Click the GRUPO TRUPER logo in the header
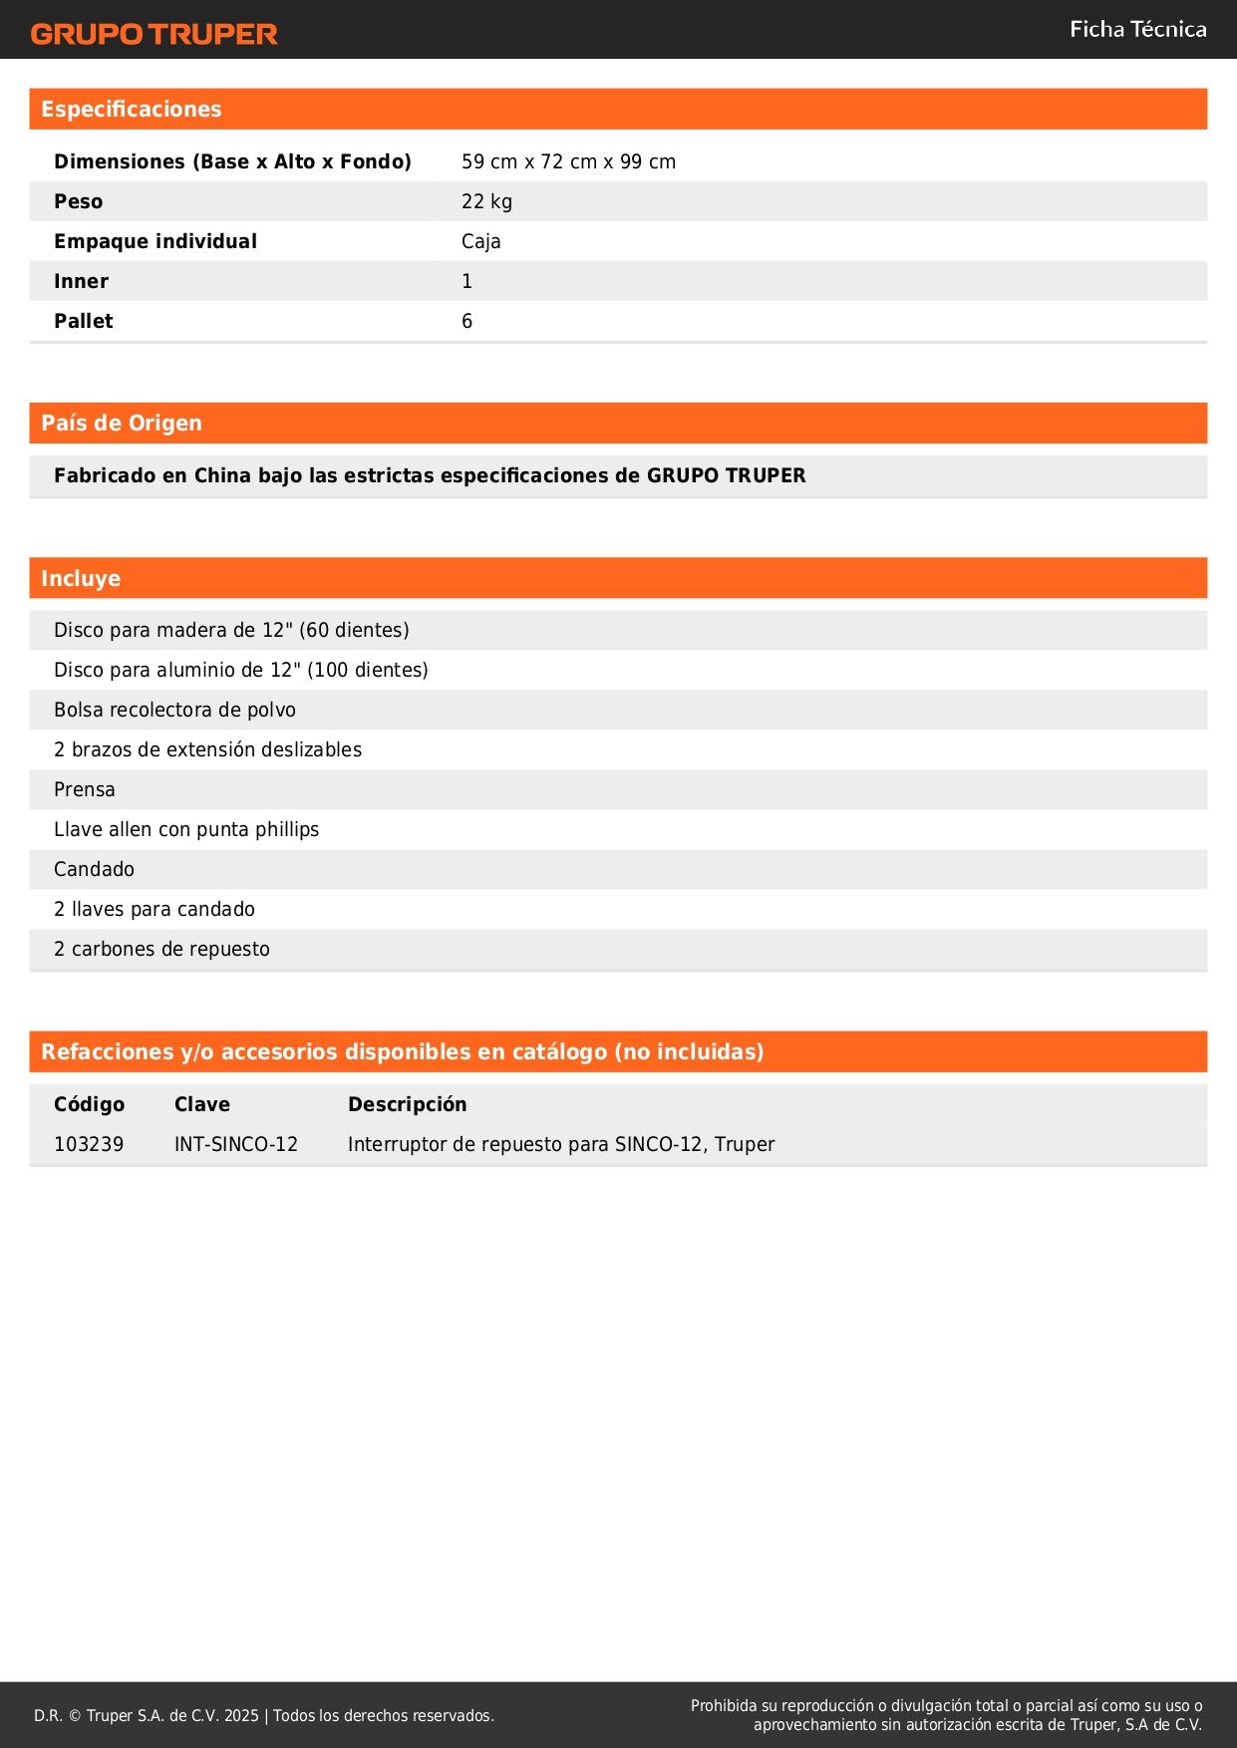[x=155, y=34]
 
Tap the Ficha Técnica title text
[x=1137, y=30]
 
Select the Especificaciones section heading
[x=132, y=110]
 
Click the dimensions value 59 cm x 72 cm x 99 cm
[x=568, y=161]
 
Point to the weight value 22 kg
[x=486, y=201]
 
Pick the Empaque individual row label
[x=155, y=241]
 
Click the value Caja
[x=480, y=241]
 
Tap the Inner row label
[x=82, y=281]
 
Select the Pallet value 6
[x=466, y=321]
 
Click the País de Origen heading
[x=122, y=424]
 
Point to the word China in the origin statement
[x=222, y=475]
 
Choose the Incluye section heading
[x=81, y=579]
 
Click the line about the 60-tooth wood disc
[x=231, y=630]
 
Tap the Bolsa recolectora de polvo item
[x=174, y=710]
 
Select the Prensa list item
[x=85, y=789]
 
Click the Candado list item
[x=94, y=869]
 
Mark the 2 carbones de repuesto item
[x=161, y=949]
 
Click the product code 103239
[x=89, y=1144]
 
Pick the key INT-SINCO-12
[x=236, y=1144]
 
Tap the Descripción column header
[x=407, y=1104]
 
